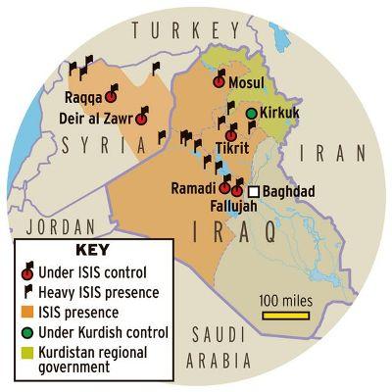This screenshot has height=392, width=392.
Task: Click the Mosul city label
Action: coord(247,83)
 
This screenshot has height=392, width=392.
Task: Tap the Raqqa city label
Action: coord(83,97)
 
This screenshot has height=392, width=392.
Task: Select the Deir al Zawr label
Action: coord(96,119)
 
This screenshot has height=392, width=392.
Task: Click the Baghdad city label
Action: coord(289,192)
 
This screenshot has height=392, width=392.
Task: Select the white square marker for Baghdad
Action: coord(255,192)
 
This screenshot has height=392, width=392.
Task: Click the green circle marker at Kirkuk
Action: coord(252,115)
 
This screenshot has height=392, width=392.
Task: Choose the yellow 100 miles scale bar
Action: coord(284,316)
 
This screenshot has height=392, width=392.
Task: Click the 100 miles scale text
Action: coord(285,299)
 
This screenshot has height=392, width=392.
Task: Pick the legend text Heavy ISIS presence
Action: coord(103,292)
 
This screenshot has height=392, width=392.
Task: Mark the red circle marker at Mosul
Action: coord(219,83)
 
